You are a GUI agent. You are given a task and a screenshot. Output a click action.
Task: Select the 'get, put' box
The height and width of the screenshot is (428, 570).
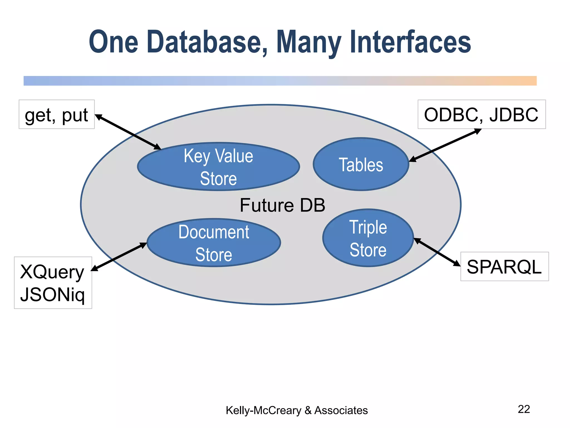pos(56,115)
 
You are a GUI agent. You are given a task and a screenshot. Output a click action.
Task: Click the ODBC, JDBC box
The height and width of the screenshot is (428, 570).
pos(481,115)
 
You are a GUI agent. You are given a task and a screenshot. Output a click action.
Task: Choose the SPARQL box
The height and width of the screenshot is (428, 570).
pos(504,267)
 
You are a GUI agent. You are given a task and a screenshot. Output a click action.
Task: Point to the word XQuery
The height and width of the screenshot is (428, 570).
pos(52,272)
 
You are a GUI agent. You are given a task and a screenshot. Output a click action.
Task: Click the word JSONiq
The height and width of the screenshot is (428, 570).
pos(52,294)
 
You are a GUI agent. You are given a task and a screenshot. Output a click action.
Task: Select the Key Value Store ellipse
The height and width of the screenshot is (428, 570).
pos(218,167)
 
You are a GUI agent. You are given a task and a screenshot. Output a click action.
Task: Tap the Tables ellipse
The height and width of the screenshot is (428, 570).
pos(361,164)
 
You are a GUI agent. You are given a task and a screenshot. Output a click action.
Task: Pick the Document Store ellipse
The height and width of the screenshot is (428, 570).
pos(213,243)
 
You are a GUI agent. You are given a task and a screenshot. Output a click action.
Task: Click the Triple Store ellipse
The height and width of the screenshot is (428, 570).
pos(368,238)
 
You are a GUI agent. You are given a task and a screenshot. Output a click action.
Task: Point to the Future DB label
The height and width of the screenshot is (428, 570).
pos(282,205)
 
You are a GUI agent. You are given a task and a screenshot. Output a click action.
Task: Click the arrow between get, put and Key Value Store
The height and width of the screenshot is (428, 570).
pos(128,132)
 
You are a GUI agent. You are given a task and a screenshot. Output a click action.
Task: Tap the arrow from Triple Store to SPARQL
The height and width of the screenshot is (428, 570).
pos(437,252)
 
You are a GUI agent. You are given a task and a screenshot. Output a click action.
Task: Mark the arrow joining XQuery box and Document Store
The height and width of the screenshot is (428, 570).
pos(119,257)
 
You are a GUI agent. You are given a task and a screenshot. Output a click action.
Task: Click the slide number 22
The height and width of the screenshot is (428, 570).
pos(524,409)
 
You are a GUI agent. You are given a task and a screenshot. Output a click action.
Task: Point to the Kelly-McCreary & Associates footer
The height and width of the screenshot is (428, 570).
pos(296,410)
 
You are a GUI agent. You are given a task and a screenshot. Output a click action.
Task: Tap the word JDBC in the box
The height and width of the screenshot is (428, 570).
pos(514,115)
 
